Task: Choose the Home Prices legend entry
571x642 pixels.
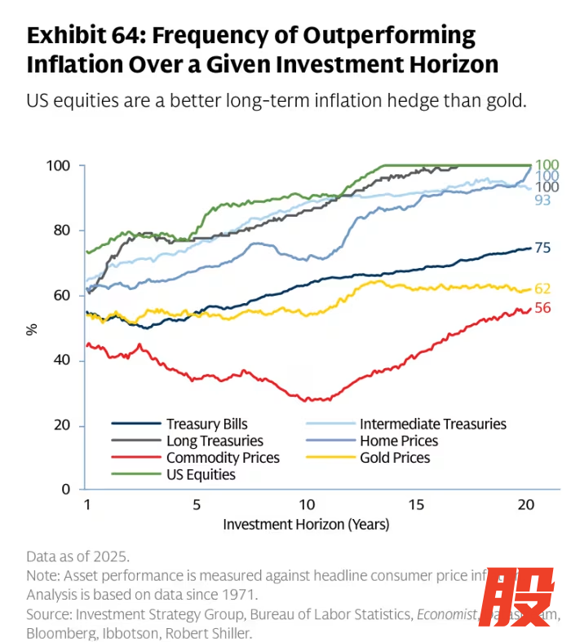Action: [399, 441]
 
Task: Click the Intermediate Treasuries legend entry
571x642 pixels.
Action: [432, 424]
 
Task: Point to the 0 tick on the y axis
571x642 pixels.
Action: [67, 490]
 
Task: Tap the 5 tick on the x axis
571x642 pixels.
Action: [197, 505]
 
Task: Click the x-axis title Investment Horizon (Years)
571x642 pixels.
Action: [306, 525]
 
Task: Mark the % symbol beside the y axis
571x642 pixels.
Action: [32, 328]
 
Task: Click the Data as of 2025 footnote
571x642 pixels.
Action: [77, 556]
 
